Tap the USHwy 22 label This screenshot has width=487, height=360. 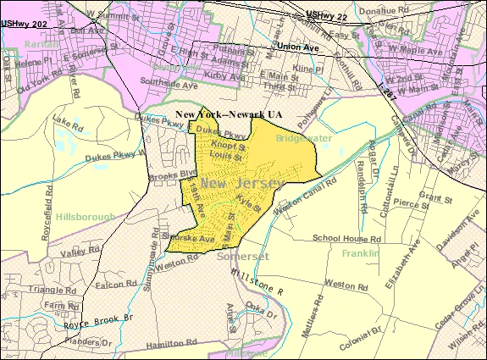point(330,14)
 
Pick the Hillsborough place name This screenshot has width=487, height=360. point(85,217)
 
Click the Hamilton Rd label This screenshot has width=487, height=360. point(169,342)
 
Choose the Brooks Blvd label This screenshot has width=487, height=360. point(165,175)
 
